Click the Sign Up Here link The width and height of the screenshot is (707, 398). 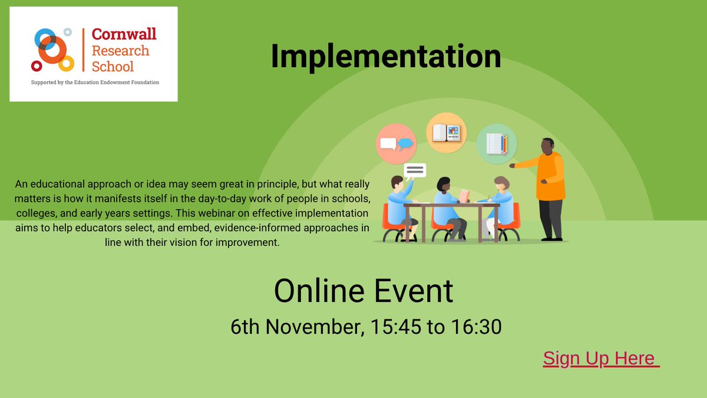[x=600, y=358]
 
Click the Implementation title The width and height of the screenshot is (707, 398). [x=386, y=57]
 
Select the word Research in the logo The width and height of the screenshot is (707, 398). [x=120, y=51]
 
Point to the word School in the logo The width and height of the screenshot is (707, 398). [x=113, y=66]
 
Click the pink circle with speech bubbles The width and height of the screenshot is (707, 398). [x=396, y=144]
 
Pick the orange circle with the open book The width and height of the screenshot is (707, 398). [x=446, y=132]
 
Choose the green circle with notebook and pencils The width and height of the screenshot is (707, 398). [x=497, y=144]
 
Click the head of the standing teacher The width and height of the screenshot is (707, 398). [x=548, y=145]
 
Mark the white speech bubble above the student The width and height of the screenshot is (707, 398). [x=415, y=170]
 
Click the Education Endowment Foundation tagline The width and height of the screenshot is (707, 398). [x=95, y=83]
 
